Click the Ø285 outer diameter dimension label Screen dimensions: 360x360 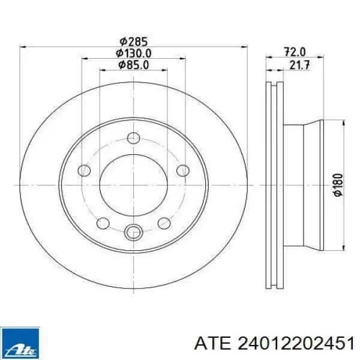tap(133, 41)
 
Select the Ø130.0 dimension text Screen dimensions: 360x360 tap(133, 53)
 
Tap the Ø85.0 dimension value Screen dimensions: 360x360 tap(133, 65)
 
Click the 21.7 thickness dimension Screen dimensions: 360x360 tap(299, 65)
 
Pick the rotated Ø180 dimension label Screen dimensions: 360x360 tap(338, 185)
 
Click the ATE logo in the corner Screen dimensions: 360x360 tap(20, 342)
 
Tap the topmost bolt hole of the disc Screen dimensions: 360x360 tap(134, 138)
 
